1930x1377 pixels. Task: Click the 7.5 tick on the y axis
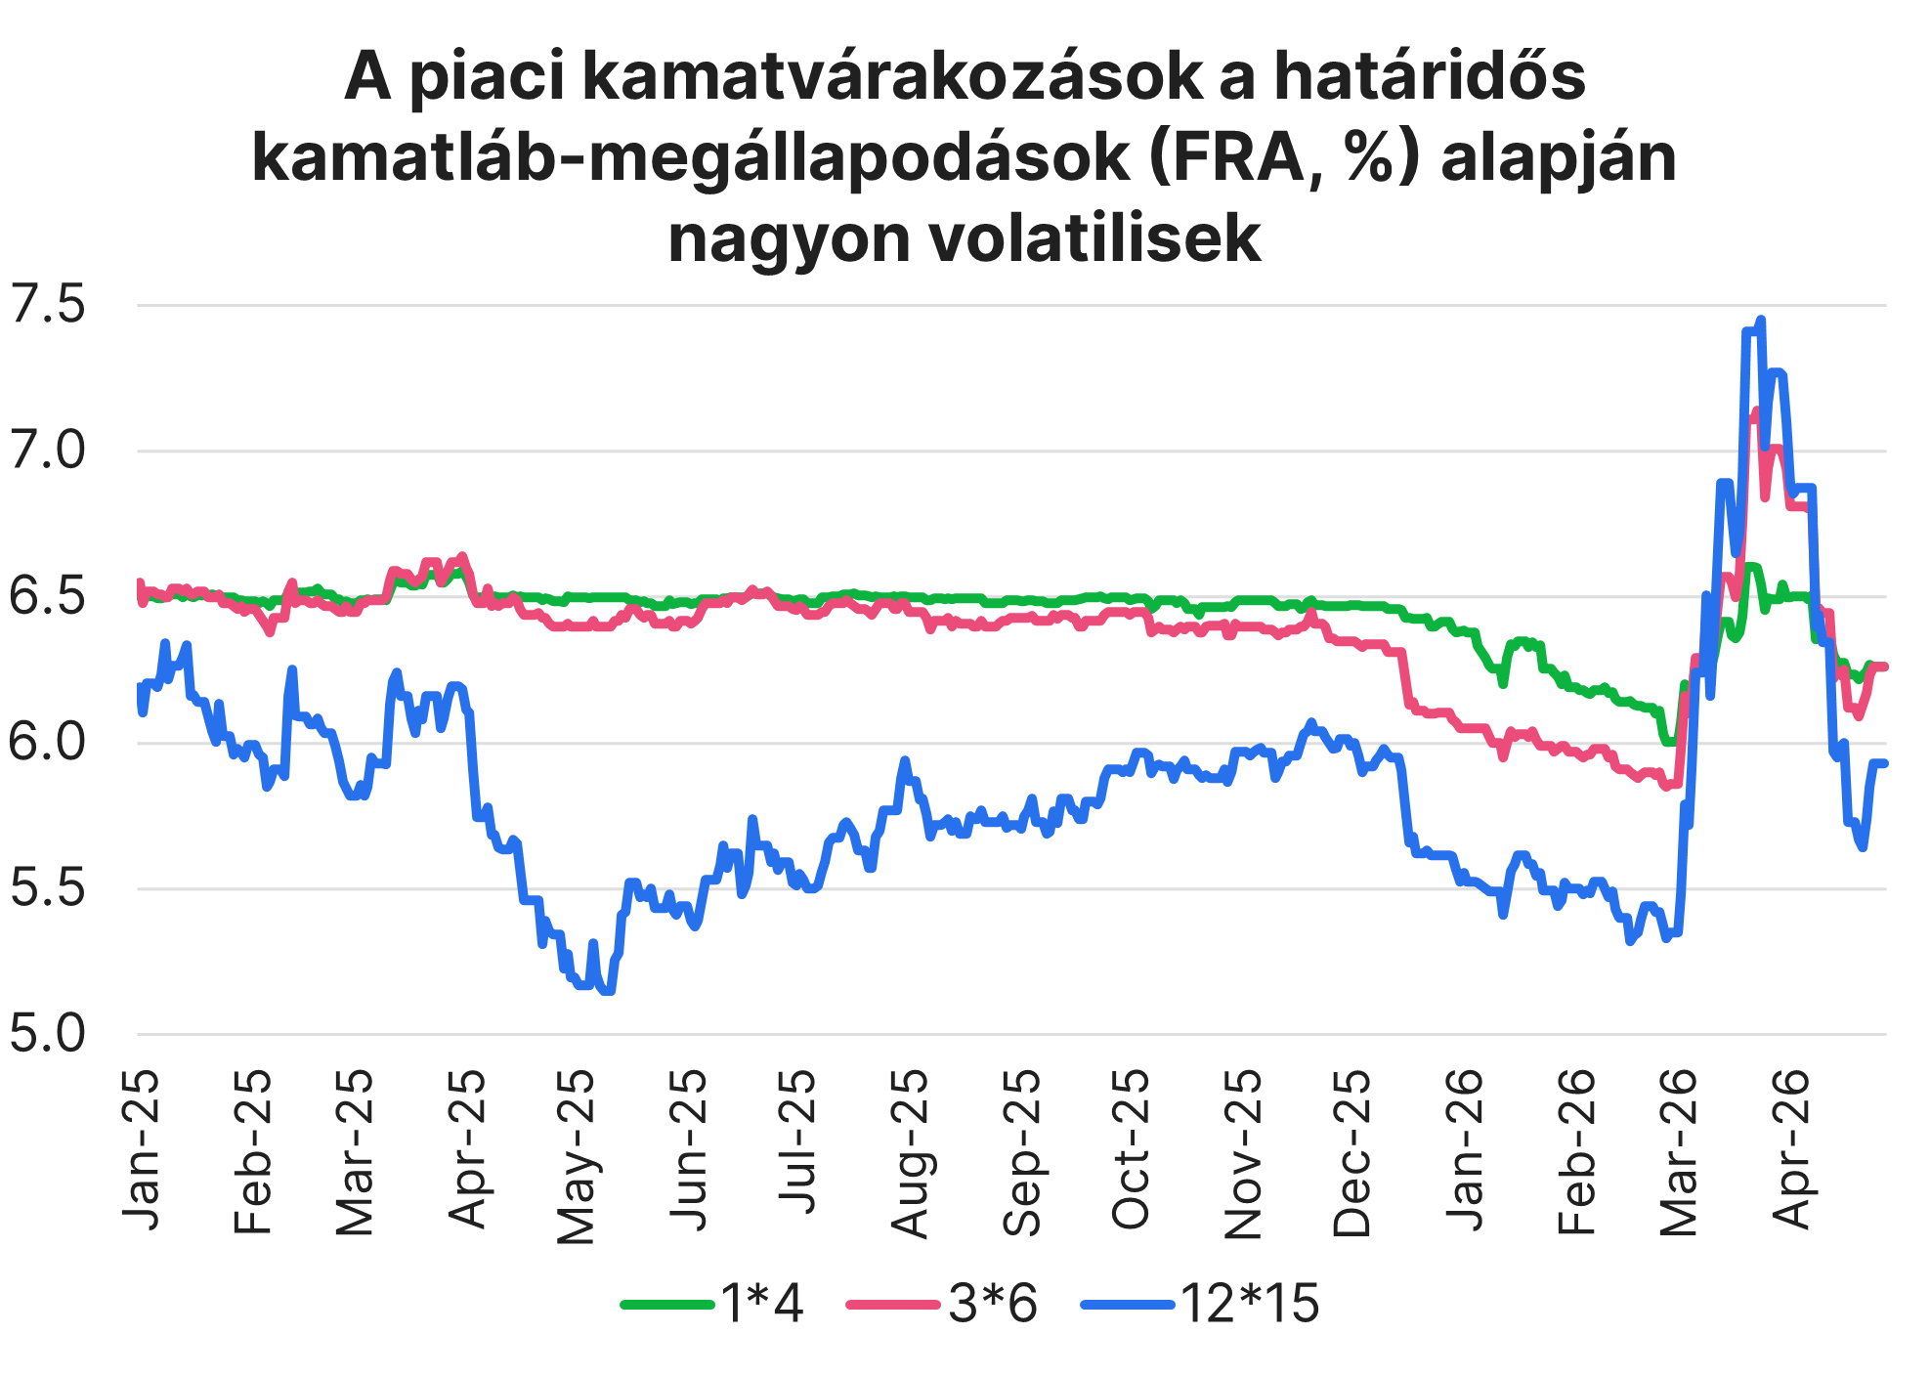47,305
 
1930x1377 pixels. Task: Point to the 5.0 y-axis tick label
47,1034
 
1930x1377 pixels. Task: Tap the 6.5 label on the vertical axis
47,597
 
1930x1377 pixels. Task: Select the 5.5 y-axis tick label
47,888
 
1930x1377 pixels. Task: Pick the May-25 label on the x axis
576,1156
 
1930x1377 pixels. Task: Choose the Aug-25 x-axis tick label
910,1153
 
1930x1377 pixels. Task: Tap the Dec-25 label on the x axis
1352,1153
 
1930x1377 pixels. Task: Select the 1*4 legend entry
713,1304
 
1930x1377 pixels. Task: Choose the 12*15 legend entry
1200,1304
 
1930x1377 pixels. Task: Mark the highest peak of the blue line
1761,319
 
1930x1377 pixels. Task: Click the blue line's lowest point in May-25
608,991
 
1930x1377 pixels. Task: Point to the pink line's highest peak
1754,410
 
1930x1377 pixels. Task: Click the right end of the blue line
1883,762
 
